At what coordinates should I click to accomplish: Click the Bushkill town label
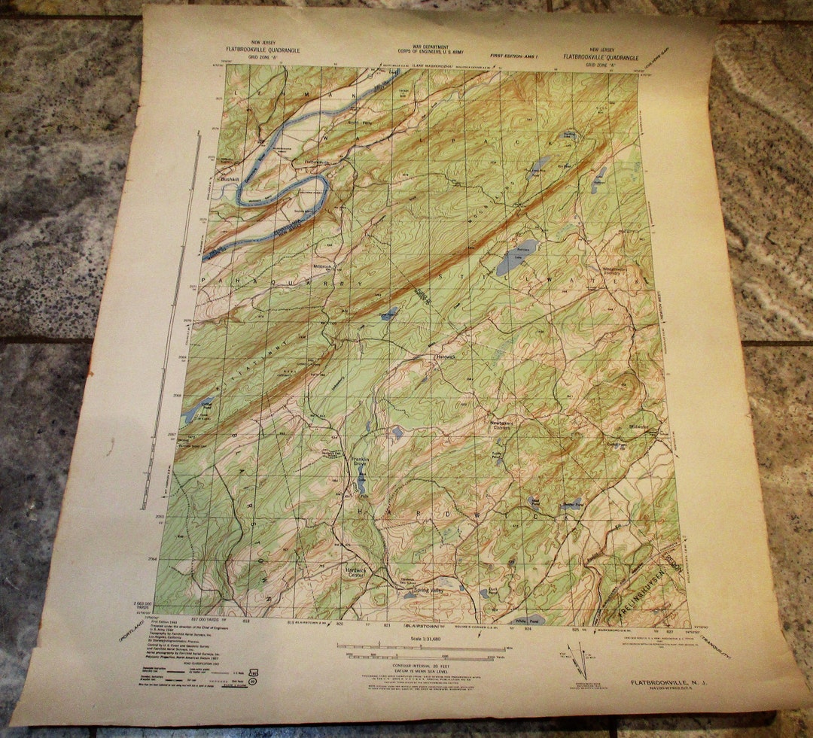click(x=228, y=181)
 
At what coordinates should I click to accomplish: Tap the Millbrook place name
click(x=321, y=266)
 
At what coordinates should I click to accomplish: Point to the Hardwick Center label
click(x=357, y=571)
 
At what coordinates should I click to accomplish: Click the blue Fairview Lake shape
click(x=517, y=257)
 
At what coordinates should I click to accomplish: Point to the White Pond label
click(x=528, y=621)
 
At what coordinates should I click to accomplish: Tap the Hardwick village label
click(x=446, y=358)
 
